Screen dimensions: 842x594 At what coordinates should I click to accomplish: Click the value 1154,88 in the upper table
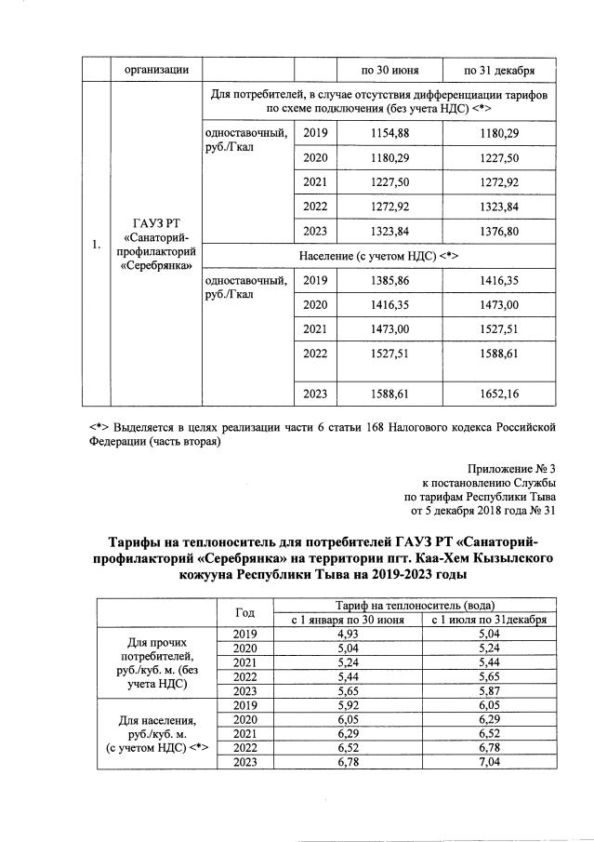point(389,133)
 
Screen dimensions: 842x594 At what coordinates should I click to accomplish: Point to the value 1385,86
point(389,279)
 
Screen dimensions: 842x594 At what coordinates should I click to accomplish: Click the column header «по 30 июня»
point(389,70)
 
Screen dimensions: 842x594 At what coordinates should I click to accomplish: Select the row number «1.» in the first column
point(97,246)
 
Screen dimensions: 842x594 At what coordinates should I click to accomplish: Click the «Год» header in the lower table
point(245,612)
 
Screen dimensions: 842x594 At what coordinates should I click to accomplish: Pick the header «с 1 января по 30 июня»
point(348,620)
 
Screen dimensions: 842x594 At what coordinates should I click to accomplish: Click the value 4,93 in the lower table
point(348,634)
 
